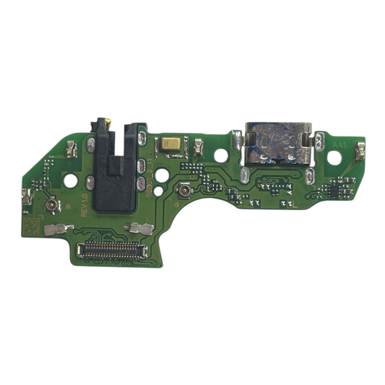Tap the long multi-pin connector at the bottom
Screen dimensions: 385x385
coord(111,251)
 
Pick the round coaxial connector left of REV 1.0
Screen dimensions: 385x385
coord(53,207)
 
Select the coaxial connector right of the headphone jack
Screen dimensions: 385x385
coord(185,194)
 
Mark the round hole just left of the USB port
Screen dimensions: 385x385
coord(220,155)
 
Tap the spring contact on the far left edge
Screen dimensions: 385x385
coord(27,194)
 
